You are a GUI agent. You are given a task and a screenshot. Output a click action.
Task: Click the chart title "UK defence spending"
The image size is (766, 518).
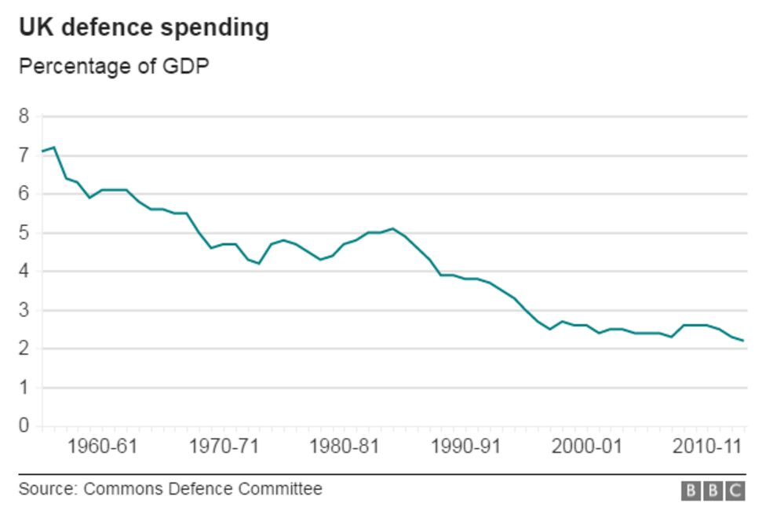(x=144, y=27)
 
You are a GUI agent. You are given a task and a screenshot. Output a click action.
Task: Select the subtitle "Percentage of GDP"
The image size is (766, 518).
(x=114, y=67)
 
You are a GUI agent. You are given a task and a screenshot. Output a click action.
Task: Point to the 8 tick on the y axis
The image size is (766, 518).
(x=24, y=117)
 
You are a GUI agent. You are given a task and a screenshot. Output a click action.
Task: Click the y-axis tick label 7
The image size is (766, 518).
(x=24, y=155)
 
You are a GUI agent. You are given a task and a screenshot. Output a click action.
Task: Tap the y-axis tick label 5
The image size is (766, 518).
(x=24, y=233)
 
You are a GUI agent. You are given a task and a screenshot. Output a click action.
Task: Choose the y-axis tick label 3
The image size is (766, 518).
(x=24, y=310)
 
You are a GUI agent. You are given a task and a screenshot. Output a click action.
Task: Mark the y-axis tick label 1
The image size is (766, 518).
(x=24, y=388)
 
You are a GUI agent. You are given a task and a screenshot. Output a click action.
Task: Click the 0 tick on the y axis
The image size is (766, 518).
(x=24, y=426)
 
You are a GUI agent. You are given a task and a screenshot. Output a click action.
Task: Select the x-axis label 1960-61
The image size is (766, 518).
(x=102, y=447)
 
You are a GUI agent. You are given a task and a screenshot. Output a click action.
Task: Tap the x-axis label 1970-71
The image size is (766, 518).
(x=224, y=447)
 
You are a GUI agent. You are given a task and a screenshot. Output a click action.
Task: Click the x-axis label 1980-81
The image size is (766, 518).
(x=345, y=447)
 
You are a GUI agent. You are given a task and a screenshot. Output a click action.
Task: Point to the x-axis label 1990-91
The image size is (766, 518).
(x=465, y=447)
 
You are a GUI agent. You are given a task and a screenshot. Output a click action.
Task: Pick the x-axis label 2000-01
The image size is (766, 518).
(x=586, y=447)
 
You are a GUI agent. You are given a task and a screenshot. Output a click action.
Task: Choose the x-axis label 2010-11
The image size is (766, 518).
(x=707, y=447)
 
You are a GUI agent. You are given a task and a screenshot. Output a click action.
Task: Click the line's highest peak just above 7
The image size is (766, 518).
(x=53, y=148)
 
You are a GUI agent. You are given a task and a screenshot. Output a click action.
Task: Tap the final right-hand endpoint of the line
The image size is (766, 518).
(x=743, y=341)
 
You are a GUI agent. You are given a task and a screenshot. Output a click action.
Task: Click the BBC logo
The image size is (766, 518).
(x=712, y=491)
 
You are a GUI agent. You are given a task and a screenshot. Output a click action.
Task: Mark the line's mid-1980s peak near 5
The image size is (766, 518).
(x=393, y=228)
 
